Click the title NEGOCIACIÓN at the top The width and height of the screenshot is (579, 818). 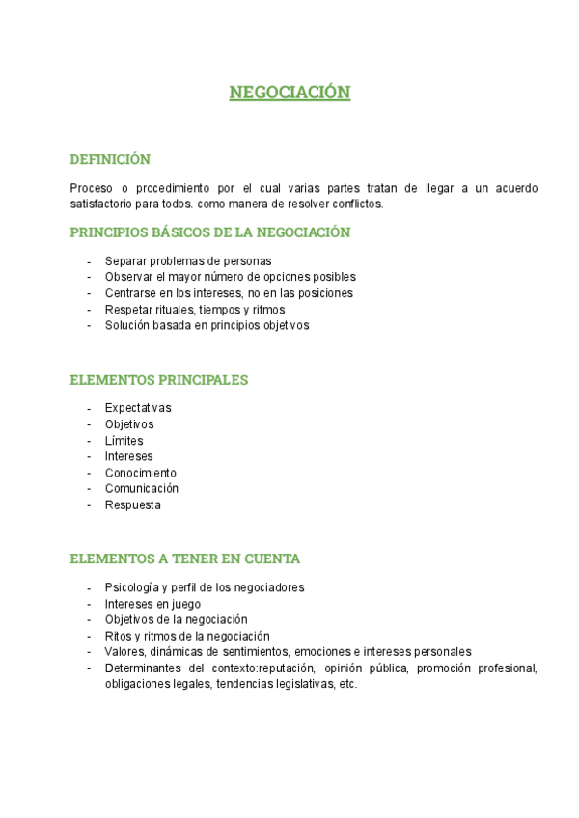click(x=289, y=93)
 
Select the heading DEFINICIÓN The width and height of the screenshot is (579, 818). click(x=110, y=159)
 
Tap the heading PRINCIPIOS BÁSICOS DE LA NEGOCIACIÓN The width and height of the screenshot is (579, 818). click(x=209, y=232)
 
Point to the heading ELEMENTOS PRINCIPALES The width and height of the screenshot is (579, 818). click(x=159, y=380)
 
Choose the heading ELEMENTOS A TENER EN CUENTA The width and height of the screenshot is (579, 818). click(x=184, y=559)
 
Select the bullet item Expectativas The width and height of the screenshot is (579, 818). click(x=138, y=408)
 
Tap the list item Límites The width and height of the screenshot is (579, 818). click(x=124, y=441)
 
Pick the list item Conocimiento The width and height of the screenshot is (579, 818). click(x=141, y=473)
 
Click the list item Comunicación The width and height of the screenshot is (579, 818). click(x=142, y=488)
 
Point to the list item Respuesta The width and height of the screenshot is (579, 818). click(x=133, y=504)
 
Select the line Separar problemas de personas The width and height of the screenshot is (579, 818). click(x=188, y=260)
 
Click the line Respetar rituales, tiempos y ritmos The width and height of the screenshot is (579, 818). click(x=195, y=310)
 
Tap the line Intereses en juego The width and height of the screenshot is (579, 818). click(x=152, y=604)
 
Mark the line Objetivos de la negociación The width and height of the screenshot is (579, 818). click(x=177, y=619)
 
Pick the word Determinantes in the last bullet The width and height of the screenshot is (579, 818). click(x=143, y=668)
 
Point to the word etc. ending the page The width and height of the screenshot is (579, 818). click(x=348, y=685)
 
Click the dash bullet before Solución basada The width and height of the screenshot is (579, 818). click(x=89, y=325)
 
